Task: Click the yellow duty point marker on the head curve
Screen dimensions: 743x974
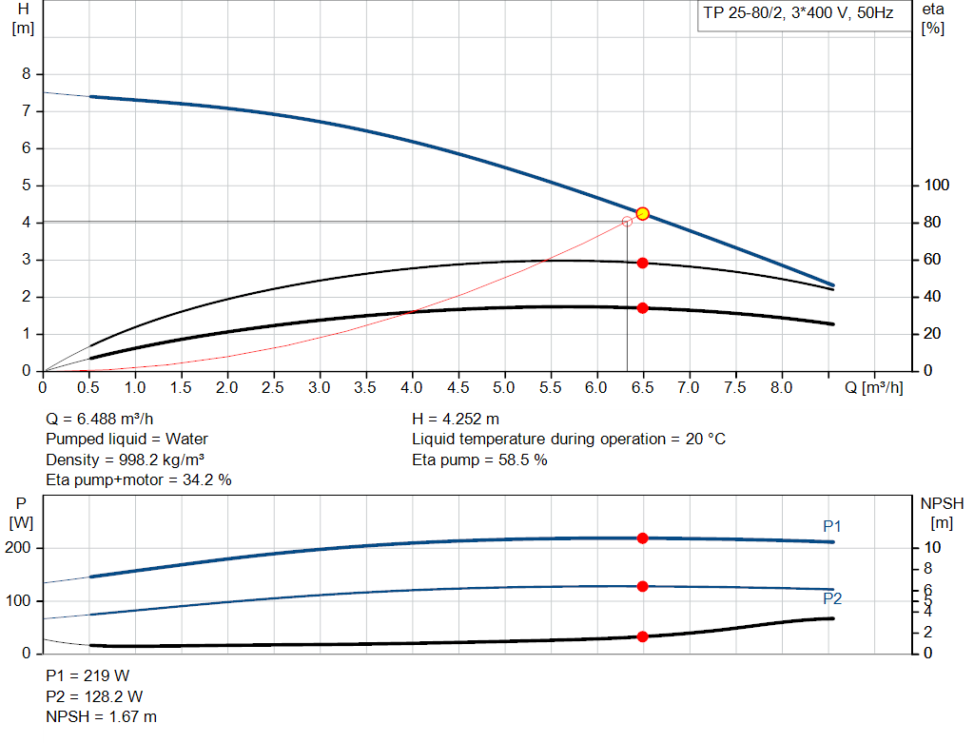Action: click(x=642, y=214)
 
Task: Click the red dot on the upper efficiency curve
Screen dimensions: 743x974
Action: click(x=642, y=263)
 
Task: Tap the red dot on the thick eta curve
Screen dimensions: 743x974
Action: click(x=642, y=308)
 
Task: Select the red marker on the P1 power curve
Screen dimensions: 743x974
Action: click(x=642, y=538)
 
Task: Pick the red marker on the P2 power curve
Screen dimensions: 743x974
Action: click(x=642, y=586)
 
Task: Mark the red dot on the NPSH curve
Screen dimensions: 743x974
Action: click(x=642, y=636)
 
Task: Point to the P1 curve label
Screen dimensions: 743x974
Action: click(x=832, y=526)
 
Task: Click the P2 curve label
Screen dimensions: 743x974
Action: click(x=832, y=598)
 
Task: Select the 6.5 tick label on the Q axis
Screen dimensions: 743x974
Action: click(x=642, y=388)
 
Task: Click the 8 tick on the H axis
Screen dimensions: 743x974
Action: click(x=27, y=74)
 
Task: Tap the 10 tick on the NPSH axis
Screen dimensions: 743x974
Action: click(x=931, y=548)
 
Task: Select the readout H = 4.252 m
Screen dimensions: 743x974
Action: click(x=456, y=419)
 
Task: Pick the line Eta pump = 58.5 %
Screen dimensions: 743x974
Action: click(x=479, y=459)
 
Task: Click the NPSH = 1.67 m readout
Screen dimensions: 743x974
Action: click(x=102, y=716)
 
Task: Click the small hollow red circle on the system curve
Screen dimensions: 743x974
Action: click(x=626, y=222)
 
